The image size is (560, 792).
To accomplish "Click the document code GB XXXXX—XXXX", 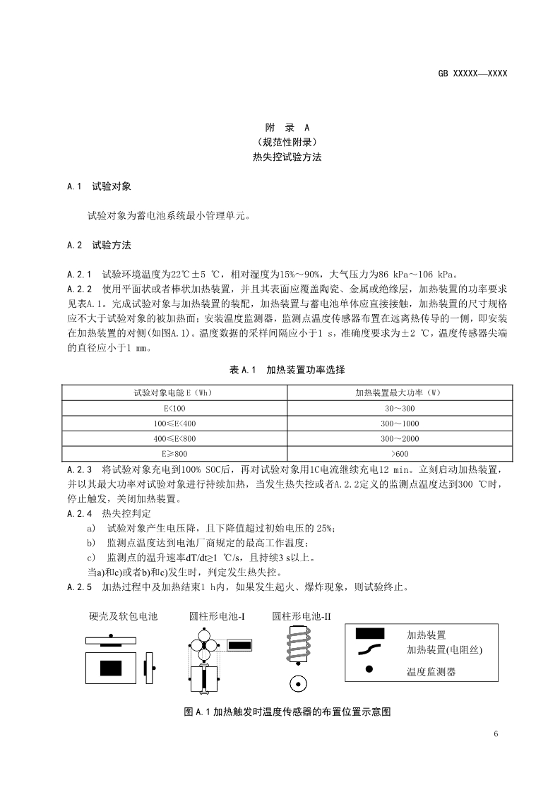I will tap(472, 73).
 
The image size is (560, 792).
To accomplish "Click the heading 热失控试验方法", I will tap(287, 157).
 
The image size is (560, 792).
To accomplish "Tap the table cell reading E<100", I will tap(175, 409).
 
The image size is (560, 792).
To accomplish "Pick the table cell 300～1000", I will tap(399, 424).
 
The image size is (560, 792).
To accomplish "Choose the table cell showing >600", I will tap(399, 453).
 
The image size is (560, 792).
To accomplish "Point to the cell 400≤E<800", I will tap(175, 438).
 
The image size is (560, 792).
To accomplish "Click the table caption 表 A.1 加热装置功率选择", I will tap(287, 370).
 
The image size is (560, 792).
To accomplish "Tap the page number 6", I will tap(496, 734).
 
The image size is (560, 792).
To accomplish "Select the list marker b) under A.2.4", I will tap(90, 542).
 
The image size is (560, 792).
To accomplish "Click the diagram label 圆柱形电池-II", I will tap(302, 616).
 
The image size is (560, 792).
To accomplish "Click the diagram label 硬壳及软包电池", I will tap(123, 616).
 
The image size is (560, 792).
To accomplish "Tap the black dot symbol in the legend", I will tap(369, 669).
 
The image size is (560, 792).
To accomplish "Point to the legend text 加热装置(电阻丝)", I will tap(448, 649).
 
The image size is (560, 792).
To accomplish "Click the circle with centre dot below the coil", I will tap(298, 684).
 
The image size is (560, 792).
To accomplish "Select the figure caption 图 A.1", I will tap(287, 712).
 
